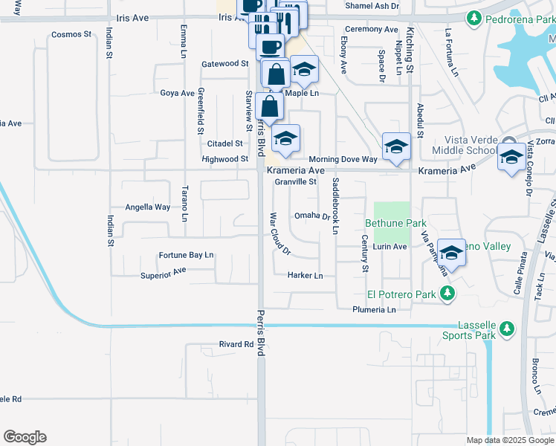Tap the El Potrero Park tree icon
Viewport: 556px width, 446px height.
pos(447,294)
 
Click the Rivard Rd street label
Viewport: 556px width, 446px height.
pos(236,344)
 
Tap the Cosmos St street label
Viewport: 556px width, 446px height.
pos(71,35)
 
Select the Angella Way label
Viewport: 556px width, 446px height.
pos(147,207)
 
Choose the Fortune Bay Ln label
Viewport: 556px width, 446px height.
pos(186,255)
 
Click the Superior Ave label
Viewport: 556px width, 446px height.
pos(163,274)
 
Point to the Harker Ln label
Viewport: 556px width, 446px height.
pos(306,275)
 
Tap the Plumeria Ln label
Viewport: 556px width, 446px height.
pos(374,309)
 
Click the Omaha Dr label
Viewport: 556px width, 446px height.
pos(311,216)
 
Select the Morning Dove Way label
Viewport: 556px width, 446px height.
pos(343,159)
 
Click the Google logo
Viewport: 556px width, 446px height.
pos(25,437)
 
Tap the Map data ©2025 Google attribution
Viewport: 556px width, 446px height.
pos(509,440)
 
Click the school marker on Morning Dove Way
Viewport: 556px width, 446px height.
pos(396,146)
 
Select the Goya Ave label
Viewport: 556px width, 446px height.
pos(177,94)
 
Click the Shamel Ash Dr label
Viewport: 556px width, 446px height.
pos(372,6)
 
